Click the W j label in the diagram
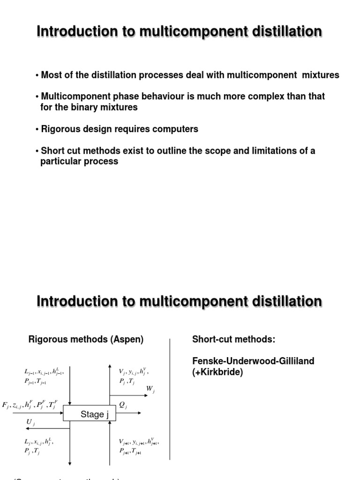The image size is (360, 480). (150, 389)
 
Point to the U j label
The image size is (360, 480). (30, 422)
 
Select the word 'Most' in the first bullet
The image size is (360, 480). (51, 75)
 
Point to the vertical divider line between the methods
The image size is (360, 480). (170, 398)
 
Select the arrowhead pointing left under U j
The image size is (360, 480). (27, 428)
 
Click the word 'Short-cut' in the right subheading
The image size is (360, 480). (211, 339)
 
